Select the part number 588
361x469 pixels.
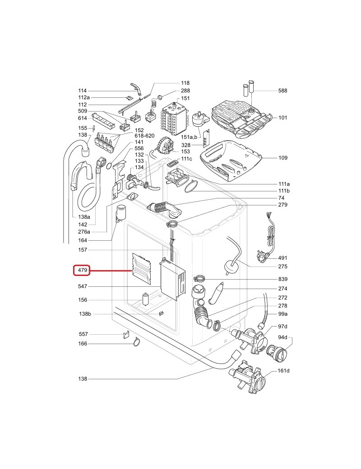click(282, 91)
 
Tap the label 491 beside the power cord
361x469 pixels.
click(282, 258)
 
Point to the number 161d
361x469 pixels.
click(283, 370)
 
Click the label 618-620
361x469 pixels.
click(144, 135)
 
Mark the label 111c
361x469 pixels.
click(186, 159)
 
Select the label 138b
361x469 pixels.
click(85, 314)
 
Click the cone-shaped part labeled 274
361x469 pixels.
click(218, 291)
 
